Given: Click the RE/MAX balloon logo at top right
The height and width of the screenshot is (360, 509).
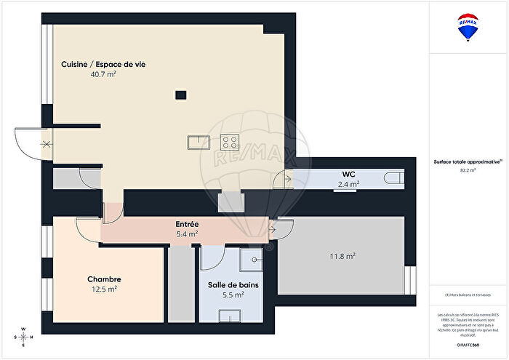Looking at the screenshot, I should (468, 27).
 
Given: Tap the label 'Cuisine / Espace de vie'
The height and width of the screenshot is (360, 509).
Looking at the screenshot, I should (103, 64).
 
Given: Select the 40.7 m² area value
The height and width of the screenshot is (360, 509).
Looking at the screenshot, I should (103, 74).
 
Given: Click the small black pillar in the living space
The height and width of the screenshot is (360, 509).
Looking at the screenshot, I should (180, 93).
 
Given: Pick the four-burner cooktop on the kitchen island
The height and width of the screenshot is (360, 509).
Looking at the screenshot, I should (231, 141).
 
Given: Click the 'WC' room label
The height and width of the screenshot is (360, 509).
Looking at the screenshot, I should (348, 175).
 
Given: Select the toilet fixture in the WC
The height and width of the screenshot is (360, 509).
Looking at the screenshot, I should (394, 177).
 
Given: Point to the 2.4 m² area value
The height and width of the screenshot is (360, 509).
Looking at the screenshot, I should (348, 185).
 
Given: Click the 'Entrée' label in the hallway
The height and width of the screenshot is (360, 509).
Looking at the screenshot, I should (188, 225).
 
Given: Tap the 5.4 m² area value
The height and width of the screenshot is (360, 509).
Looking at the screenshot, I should (188, 234).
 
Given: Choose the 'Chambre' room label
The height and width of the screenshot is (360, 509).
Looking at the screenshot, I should (104, 279).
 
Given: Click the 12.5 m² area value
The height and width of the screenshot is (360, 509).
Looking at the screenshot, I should (104, 289).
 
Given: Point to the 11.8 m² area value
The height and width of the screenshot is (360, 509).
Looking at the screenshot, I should (341, 256).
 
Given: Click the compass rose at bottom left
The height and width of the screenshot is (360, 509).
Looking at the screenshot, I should (24, 337).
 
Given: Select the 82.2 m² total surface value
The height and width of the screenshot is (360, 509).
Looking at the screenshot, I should (468, 170).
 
